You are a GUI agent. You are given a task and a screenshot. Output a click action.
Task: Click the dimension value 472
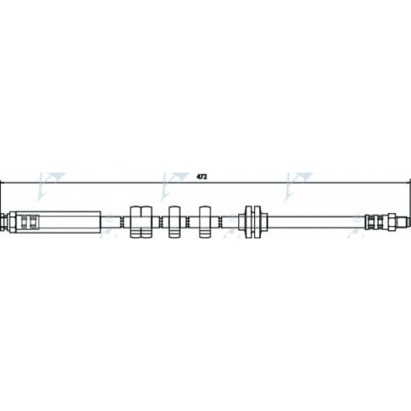coord(201,177)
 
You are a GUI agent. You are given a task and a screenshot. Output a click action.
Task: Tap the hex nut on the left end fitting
coord(12,222)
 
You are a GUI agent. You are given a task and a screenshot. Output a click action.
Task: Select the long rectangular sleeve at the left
coord(58,222)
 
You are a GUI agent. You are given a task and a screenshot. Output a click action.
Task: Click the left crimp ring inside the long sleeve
coord(24,222)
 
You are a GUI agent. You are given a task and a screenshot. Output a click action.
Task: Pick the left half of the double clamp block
coord(136,222)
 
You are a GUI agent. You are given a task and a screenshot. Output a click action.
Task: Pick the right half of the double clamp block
coord(146,222)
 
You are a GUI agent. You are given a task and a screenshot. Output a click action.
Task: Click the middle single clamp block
coord(174,222)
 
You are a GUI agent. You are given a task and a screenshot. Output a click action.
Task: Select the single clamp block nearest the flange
coord(205,222)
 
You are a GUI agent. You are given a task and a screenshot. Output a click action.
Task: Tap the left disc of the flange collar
coord(248,222)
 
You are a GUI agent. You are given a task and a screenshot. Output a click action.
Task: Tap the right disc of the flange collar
coord(257,222)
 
